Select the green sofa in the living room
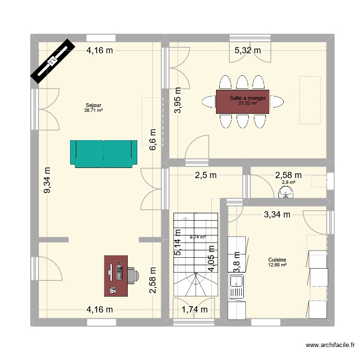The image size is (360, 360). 103,154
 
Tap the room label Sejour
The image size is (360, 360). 93,105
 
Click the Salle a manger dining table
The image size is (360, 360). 242,102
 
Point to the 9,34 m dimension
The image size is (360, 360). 47,180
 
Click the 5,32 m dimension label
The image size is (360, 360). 247,49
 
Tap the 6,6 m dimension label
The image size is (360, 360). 153,140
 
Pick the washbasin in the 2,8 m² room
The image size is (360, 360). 286,193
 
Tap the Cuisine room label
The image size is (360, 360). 277,260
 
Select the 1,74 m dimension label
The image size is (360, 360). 194,310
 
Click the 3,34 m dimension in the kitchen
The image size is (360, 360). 277,215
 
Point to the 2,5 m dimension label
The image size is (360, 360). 204,175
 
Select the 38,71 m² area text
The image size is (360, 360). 93,110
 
